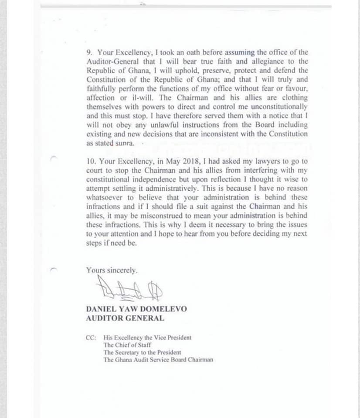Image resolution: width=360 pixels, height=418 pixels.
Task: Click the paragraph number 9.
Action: [88, 52]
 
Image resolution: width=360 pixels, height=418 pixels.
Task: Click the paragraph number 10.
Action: [90, 161]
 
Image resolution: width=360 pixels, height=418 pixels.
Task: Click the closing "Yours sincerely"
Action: [112, 270]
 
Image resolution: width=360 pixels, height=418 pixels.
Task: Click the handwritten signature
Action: [124, 289]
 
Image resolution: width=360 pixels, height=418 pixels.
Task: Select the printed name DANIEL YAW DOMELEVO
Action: [136, 309]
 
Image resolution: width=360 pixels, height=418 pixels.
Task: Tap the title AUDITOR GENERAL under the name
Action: [125, 318]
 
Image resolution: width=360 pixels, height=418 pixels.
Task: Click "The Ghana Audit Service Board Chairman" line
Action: [158, 360]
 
